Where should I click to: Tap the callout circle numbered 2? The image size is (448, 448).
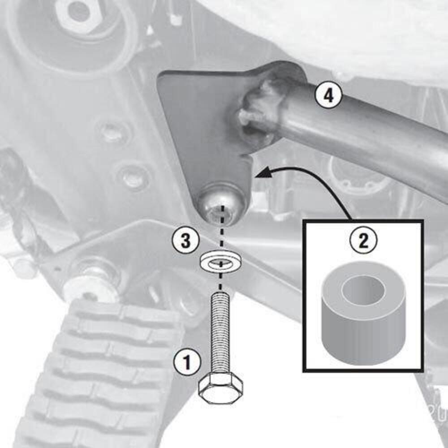pos(363,241)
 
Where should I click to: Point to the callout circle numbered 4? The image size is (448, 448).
pos(328,95)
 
